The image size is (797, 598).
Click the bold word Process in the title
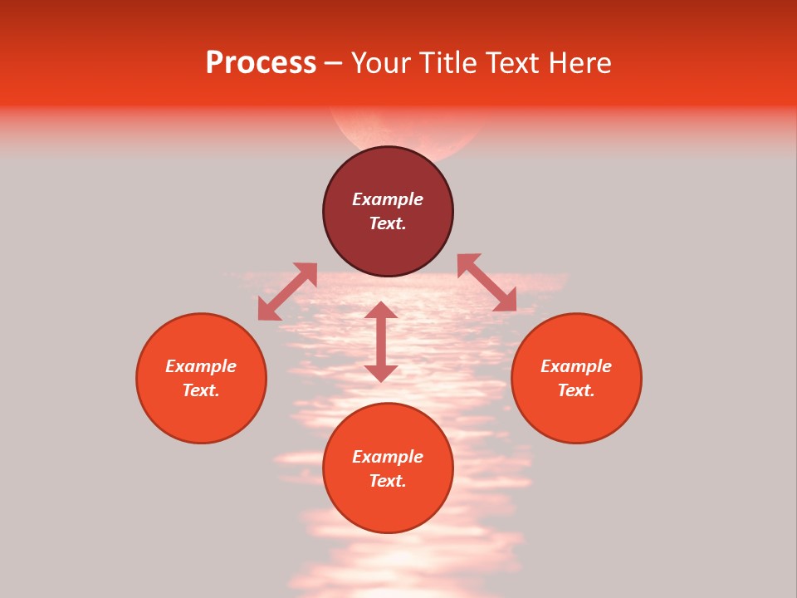(261, 63)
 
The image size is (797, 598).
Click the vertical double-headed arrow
(381, 341)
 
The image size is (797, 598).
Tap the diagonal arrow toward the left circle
(287, 292)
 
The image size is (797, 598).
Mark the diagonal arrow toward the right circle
(487, 282)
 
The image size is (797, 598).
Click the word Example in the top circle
(388, 199)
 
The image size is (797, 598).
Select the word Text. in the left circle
(201, 390)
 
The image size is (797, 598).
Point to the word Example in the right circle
(576, 366)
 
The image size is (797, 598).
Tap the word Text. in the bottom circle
(388, 481)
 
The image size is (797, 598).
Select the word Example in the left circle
(201, 366)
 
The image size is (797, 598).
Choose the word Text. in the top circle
(388, 223)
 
